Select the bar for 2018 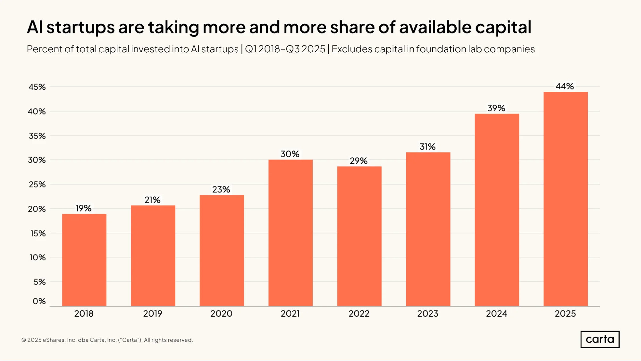84,260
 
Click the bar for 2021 291,233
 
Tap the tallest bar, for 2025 566,199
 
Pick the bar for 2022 359,236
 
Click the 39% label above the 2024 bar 496,108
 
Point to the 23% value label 221,189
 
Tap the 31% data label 427,147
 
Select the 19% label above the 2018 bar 84,208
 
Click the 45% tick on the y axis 37,87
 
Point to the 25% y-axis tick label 37,185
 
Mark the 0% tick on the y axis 39,301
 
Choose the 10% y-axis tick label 38,257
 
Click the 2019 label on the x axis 153,314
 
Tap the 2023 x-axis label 428,314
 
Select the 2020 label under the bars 221,314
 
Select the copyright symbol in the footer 24,340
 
